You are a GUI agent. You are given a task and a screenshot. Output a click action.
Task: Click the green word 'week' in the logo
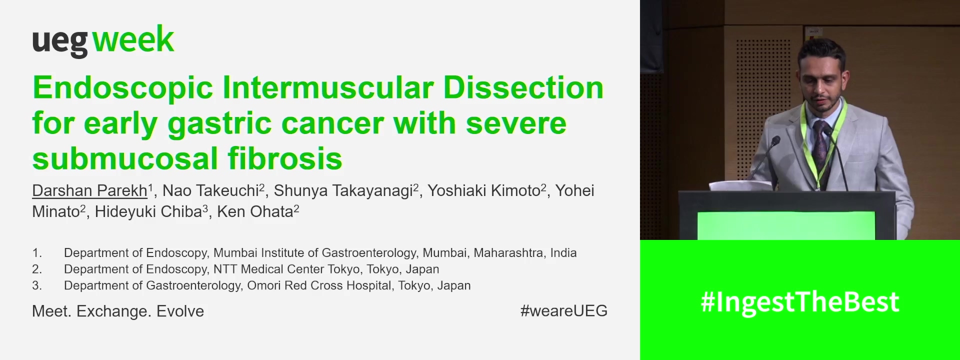133,40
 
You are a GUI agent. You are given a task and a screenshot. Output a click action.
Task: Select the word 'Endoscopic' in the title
123,88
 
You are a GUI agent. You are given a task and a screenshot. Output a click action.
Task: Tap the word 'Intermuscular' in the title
328,88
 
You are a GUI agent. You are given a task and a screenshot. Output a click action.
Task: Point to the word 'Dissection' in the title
523,88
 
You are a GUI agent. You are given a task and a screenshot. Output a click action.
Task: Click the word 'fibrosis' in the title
285,158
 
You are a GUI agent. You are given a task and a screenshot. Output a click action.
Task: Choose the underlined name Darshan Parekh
89,190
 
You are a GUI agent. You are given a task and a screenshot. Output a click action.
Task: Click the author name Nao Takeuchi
210,190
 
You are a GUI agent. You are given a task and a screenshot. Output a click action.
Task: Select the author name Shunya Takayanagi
343,190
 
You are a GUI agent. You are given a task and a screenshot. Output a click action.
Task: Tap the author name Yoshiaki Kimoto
483,190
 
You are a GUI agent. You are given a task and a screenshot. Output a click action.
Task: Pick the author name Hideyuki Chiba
148,211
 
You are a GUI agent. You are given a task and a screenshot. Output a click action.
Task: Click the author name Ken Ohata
254,211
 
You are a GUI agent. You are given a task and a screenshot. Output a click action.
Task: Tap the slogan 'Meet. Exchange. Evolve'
118,311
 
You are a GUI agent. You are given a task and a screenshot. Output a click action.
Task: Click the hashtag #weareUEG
563,310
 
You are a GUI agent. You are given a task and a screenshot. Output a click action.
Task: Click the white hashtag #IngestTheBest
799,302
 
